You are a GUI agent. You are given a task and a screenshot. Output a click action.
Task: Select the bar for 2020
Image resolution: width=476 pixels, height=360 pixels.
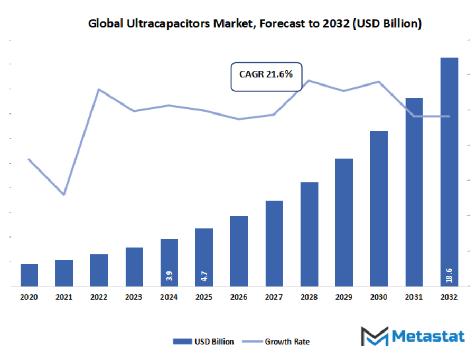(29, 275)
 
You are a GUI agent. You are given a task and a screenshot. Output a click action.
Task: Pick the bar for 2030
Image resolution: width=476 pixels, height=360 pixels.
(379, 209)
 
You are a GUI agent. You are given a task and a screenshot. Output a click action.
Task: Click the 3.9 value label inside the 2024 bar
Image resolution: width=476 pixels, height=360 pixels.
(169, 275)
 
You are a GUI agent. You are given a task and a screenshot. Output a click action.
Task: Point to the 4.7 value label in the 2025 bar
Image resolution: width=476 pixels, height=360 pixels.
(204, 275)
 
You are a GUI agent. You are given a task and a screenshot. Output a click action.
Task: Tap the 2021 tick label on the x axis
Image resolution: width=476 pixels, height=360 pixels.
(64, 297)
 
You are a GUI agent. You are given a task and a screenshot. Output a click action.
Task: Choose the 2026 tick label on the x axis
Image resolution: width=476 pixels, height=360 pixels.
(239, 297)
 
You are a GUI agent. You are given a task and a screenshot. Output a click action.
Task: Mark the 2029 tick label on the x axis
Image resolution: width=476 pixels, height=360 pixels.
(344, 297)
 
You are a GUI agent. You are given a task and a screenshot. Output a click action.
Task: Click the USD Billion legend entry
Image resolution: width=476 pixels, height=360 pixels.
(203, 342)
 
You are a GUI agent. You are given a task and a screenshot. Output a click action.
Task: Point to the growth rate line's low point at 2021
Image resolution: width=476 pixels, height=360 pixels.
(64, 195)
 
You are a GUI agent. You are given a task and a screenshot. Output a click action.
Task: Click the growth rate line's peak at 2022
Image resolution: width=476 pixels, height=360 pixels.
(99, 89)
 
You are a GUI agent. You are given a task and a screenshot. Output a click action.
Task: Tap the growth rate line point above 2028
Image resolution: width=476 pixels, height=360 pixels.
(309, 80)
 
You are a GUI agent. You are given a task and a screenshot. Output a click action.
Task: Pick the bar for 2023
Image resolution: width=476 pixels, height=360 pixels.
(134, 267)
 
